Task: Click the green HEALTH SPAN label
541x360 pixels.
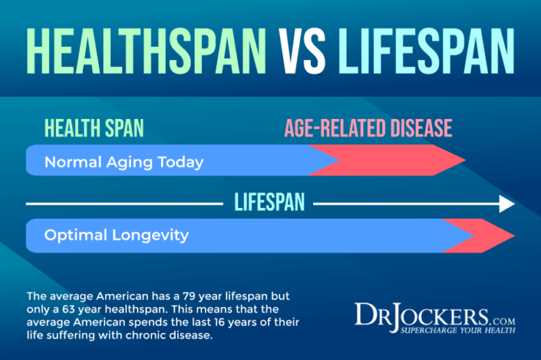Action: [93, 129]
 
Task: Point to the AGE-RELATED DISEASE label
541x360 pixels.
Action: [368, 129]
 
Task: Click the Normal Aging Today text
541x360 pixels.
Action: [123, 162]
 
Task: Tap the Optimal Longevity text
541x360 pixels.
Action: [116, 236]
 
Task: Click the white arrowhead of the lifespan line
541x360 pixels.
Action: [506, 204]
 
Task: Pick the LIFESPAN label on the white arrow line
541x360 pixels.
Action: [269, 203]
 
